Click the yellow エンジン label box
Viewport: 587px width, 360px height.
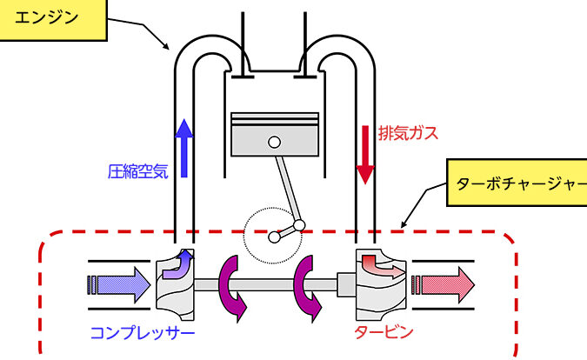point(52,18)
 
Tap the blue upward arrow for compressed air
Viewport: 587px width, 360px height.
point(183,140)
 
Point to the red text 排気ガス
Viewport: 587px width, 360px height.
point(408,133)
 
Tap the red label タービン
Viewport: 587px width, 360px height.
point(384,332)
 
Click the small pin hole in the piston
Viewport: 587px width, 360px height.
point(274,142)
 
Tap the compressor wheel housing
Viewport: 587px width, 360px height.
point(174,283)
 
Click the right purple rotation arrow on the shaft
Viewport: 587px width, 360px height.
point(309,283)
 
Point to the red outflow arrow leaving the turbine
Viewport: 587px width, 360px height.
point(444,283)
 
